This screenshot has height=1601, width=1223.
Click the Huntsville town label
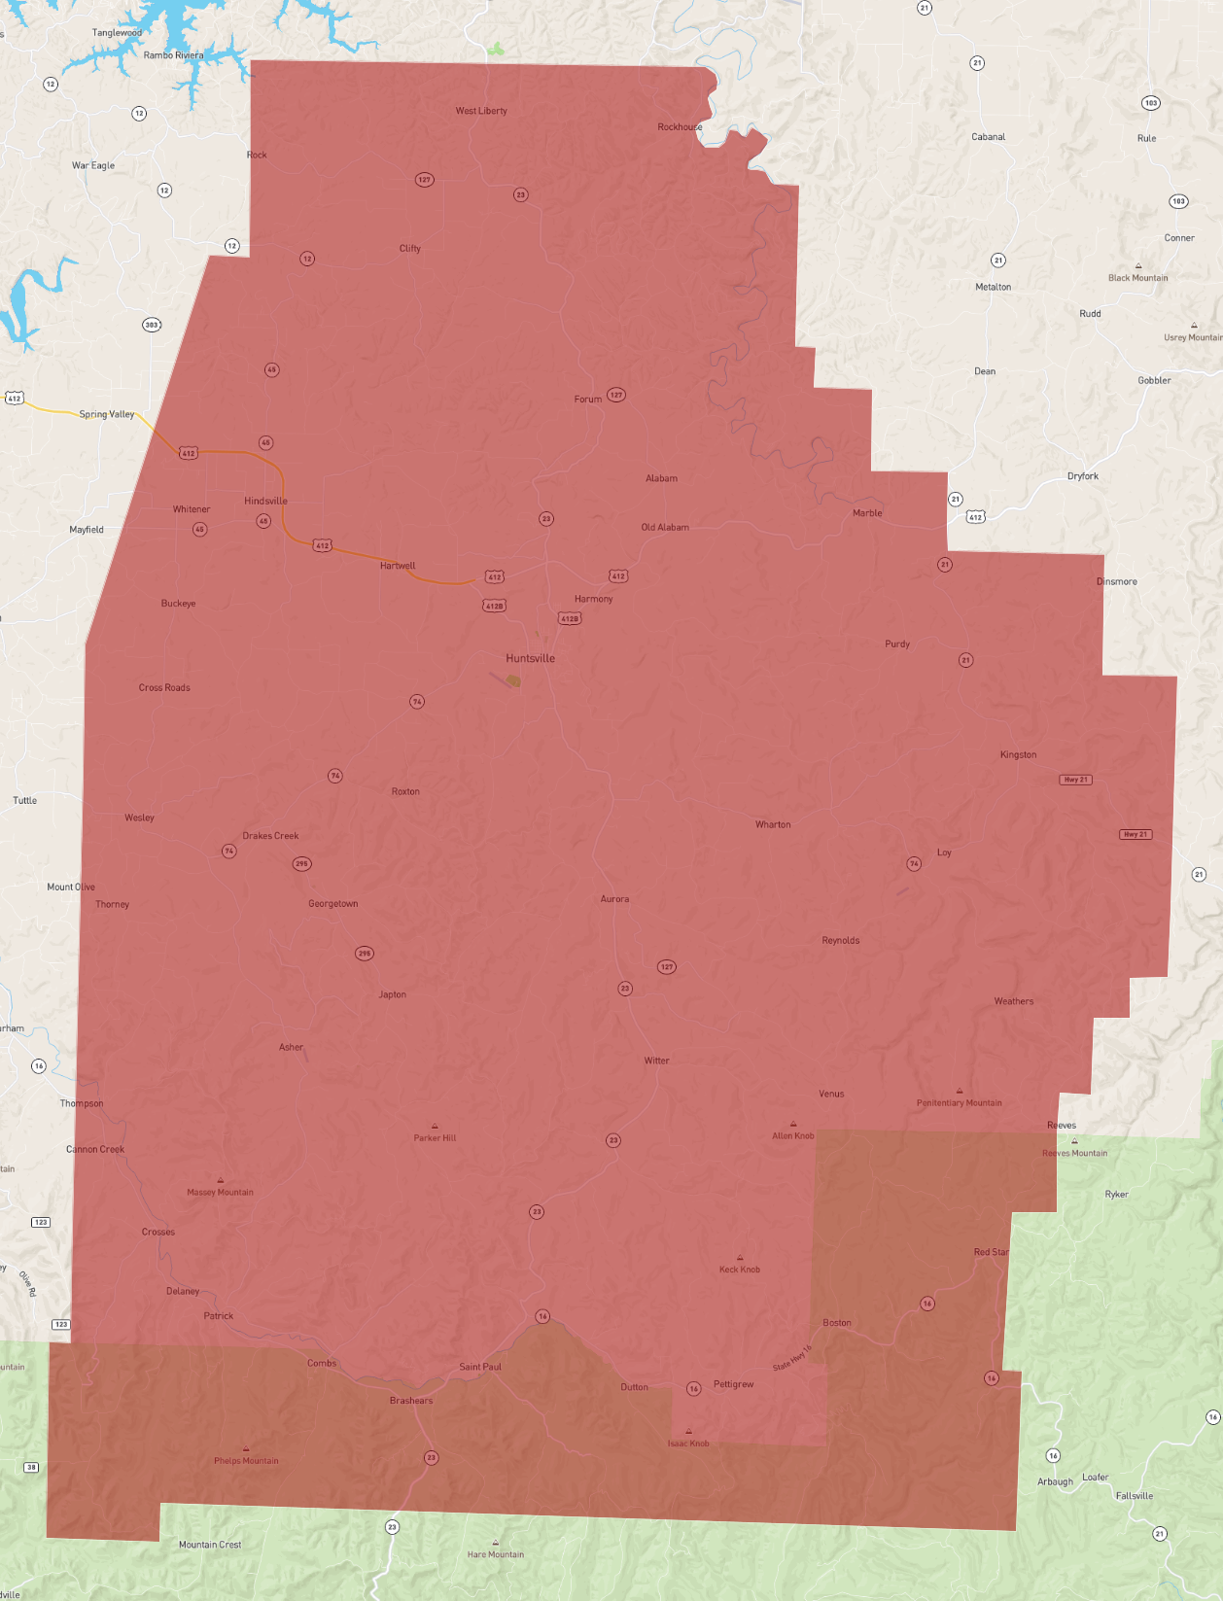530,658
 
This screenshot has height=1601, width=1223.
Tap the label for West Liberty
481,111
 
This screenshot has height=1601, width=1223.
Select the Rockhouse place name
680,127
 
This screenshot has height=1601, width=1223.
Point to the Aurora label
614,899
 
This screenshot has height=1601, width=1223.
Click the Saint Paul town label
480,1367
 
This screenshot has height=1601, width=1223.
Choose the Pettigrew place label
733,1384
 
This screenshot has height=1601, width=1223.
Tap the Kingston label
1018,754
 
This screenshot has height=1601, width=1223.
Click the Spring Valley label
107,414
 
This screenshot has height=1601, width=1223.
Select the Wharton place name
773,824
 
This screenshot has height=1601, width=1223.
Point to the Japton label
393,994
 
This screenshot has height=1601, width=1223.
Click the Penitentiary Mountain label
959,1102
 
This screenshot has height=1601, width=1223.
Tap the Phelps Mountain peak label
246,1460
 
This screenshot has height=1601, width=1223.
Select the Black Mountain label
1137,278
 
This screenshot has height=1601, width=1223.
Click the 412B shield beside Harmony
569,618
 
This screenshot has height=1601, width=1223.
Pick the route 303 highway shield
152,325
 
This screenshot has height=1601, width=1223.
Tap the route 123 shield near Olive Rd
61,1324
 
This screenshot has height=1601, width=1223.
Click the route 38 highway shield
31,1467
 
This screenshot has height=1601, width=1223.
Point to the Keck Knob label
739,1270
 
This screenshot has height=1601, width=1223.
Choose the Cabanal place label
988,137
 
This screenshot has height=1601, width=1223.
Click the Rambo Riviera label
173,55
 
